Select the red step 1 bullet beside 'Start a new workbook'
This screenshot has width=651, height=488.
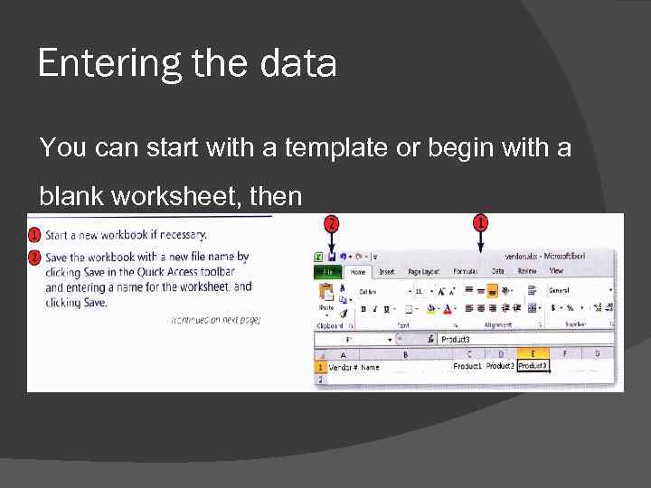click(34, 235)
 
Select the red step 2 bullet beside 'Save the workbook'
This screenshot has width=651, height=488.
click(34, 258)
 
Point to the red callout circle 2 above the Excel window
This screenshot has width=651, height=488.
click(332, 223)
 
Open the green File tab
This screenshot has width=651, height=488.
click(326, 271)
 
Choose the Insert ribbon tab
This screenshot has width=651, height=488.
click(387, 271)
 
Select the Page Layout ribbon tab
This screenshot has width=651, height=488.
click(423, 271)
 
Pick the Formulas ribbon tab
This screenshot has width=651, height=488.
click(465, 271)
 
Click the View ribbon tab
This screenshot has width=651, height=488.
click(556, 271)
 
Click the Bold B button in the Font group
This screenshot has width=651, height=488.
click(363, 309)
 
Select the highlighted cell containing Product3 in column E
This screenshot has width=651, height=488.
click(533, 366)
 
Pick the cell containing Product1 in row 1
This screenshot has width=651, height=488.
click(467, 366)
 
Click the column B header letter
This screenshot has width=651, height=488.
click(404, 354)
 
